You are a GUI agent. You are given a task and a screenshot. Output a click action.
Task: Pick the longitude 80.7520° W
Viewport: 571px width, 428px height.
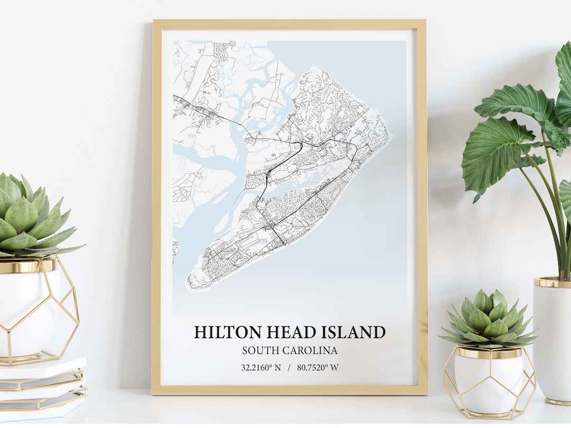pos(317,368)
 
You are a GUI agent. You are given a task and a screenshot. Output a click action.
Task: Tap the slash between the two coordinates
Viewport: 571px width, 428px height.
pos(289,368)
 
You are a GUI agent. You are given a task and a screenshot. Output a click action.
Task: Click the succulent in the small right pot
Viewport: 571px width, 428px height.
pos(489,320)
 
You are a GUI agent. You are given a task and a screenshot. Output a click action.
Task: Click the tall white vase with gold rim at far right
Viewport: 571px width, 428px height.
pos(552,338)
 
